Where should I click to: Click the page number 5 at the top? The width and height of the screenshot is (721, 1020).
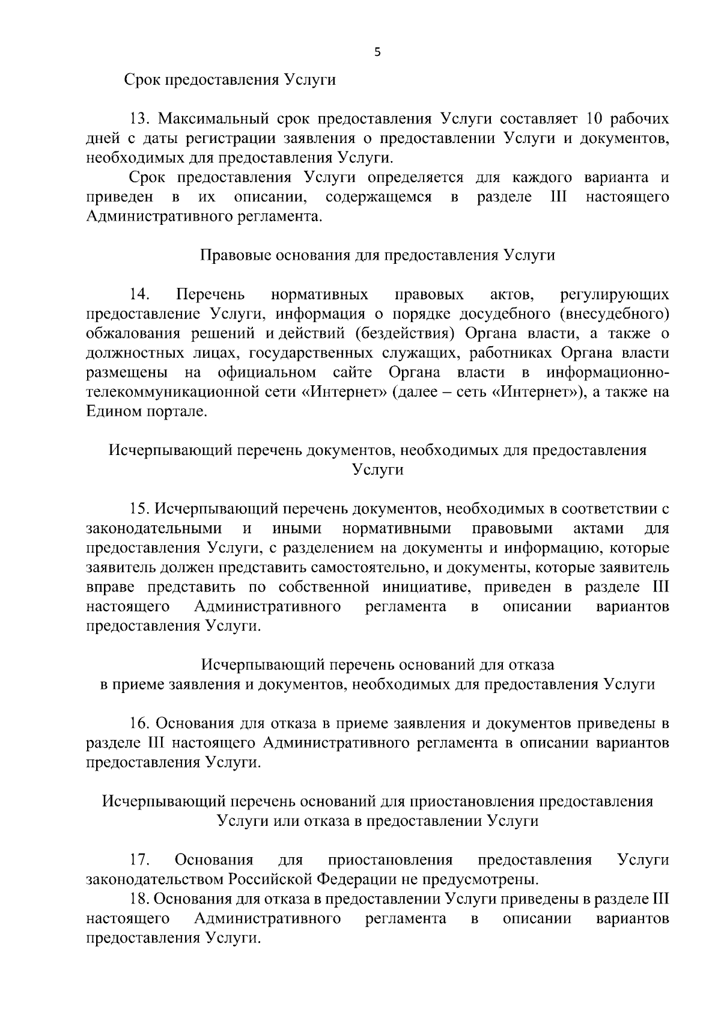pyautogui.click(x=377, y=52)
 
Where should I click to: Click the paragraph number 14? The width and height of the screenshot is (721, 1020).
pyautogui.click(x=140, y=295)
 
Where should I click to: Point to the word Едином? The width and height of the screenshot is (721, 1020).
pyautogui.click(x=112, y=412)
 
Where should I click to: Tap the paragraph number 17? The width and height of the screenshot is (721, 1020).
pyautogui.click(x=140, y=860)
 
